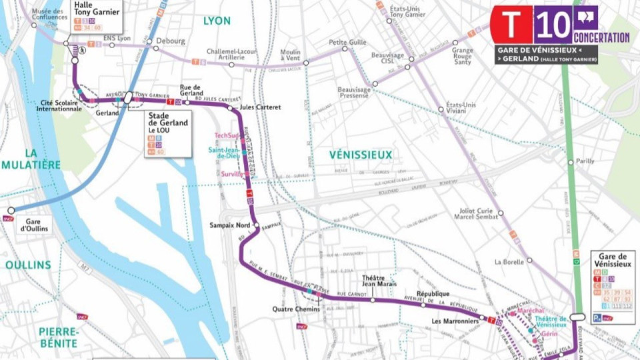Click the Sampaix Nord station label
click(229, 225)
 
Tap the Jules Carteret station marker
click(231, 107)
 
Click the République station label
click(433, 294)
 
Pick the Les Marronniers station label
click(455, 321)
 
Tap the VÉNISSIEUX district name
click(361, 155)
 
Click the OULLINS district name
click(28, 265)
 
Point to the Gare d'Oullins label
click(31, 225)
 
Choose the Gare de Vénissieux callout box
click(613, 287)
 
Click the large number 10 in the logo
click(553, 25)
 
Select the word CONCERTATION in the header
click(601, 38)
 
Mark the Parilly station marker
click(571, 162)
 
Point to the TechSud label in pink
click(225, 136)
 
